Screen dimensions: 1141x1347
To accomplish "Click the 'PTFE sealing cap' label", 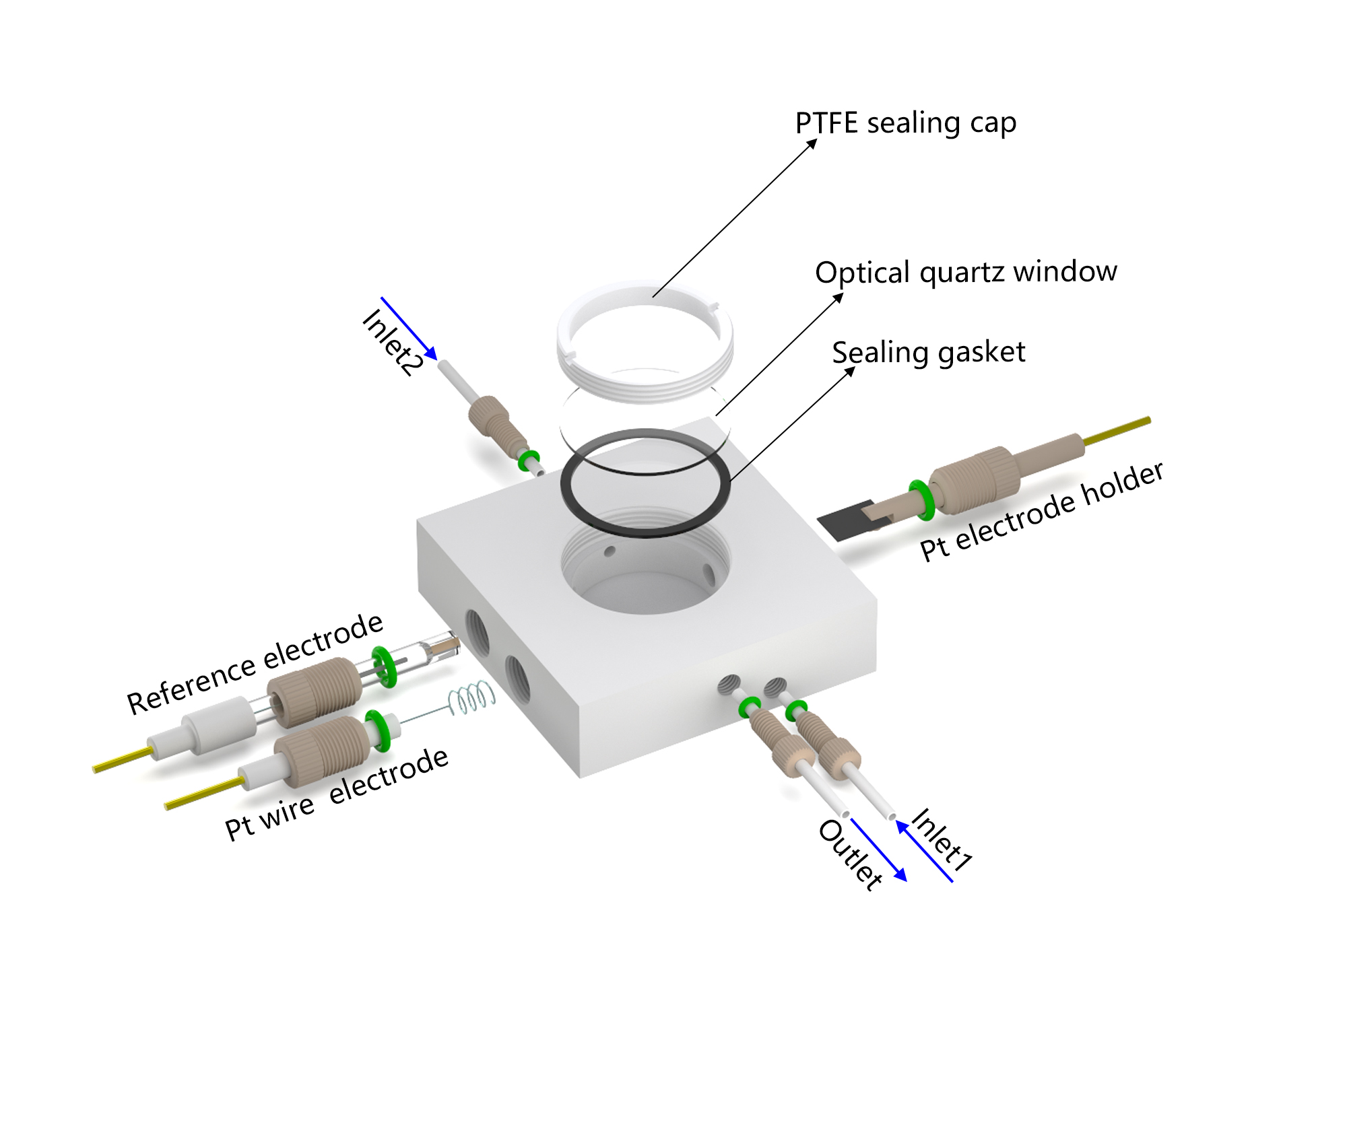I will [x=905, y=123].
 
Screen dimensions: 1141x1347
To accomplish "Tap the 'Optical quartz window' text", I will [x=966, y=272].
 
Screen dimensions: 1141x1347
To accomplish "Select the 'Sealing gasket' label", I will [x=928, y=353].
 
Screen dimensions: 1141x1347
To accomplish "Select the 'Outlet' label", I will [x=850, y=855].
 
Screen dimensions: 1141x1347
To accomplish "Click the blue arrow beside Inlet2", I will [x=409, y=328].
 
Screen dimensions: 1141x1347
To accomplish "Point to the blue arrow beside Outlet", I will [x=879, y=850].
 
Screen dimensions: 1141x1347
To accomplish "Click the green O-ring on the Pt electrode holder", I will [x=920, y=499].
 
